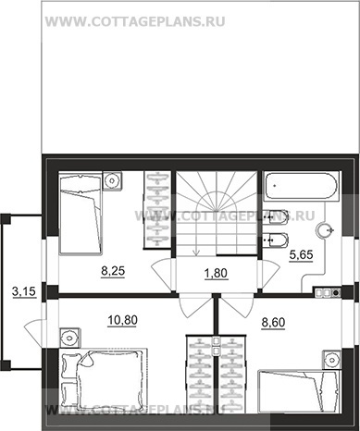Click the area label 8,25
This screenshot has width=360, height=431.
113,271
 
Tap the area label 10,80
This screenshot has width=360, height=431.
122,321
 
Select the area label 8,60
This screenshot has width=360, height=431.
273,323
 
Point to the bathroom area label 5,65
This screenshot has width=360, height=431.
301,255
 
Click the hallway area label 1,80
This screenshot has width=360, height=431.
216,273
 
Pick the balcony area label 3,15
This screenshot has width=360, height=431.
24,291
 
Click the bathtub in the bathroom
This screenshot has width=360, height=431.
301,186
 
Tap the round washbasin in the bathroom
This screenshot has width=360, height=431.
325,230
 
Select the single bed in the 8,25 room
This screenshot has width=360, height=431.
81,213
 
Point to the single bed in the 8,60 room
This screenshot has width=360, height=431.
298,390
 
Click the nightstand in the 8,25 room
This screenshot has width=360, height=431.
112,180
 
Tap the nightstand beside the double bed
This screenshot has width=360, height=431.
69,338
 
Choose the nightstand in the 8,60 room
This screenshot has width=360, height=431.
332,360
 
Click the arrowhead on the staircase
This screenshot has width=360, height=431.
196,252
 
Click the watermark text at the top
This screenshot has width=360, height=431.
135,22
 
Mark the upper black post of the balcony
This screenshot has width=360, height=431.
6,219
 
